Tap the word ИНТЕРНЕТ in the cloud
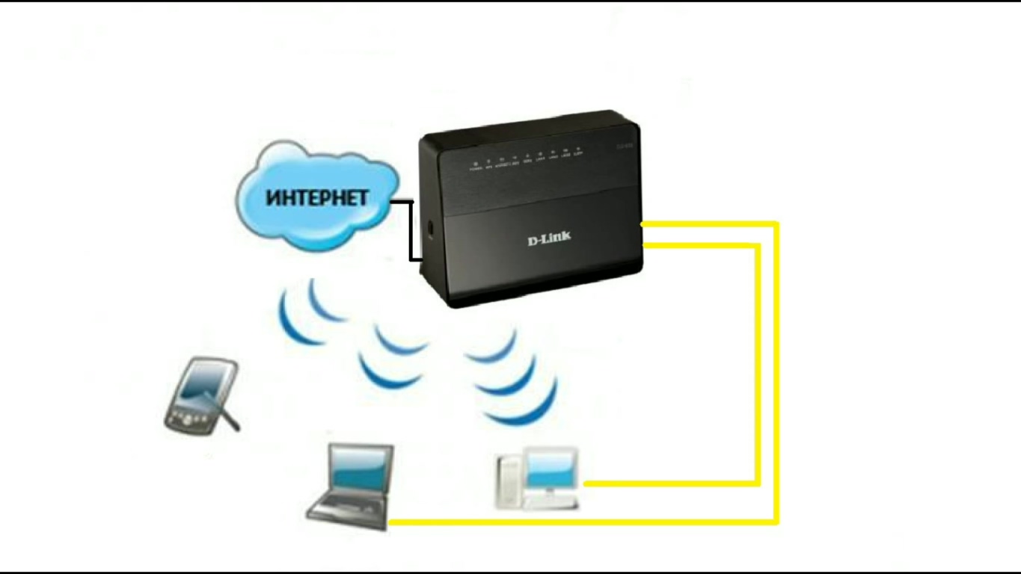[317, 199]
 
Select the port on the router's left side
[430, 228]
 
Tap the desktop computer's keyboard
[550, 504]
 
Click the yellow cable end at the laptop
[393, 522]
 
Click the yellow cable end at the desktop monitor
[586, 484]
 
